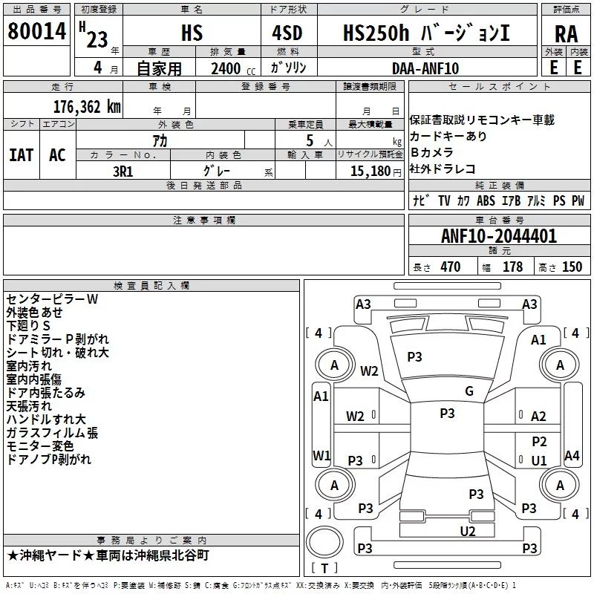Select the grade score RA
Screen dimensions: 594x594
[566, 33]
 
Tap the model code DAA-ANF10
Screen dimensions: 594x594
[425, 68]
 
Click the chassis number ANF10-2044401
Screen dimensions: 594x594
[498, 236]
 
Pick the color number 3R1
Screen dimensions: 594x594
[123, 170]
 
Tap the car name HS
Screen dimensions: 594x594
[192, 33]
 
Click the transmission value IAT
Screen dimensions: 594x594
[22, 154]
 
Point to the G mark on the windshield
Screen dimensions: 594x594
[469, 391]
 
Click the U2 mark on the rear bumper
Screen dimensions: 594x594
[467, 530]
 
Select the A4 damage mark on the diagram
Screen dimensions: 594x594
[571, 455]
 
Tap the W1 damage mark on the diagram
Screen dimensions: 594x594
[321, 454]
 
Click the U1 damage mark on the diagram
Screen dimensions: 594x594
[539, 460]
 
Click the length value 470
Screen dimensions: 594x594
[450, 267]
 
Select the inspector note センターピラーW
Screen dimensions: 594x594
[52, 298]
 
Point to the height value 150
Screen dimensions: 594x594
[572, 267]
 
